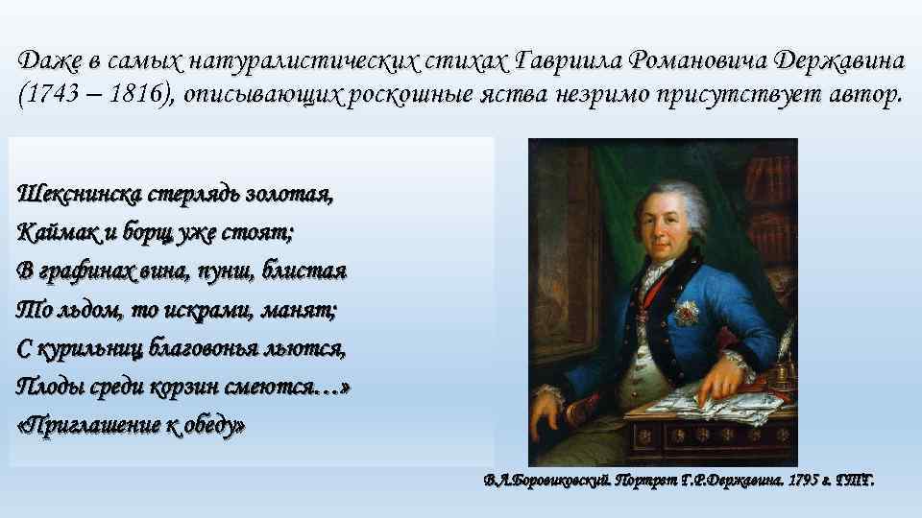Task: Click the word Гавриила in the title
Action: [565, 60]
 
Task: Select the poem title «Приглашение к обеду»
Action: [132, 425]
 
